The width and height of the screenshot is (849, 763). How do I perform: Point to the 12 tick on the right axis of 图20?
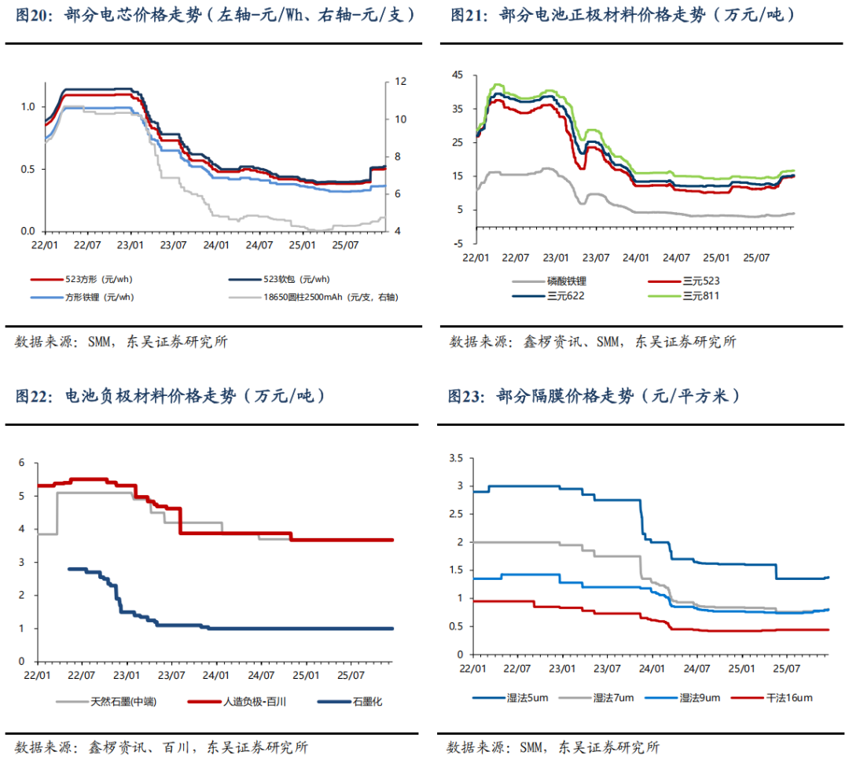399,82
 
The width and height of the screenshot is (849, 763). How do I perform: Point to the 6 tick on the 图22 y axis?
22,463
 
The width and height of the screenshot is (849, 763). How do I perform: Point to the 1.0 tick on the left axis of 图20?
28,106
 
